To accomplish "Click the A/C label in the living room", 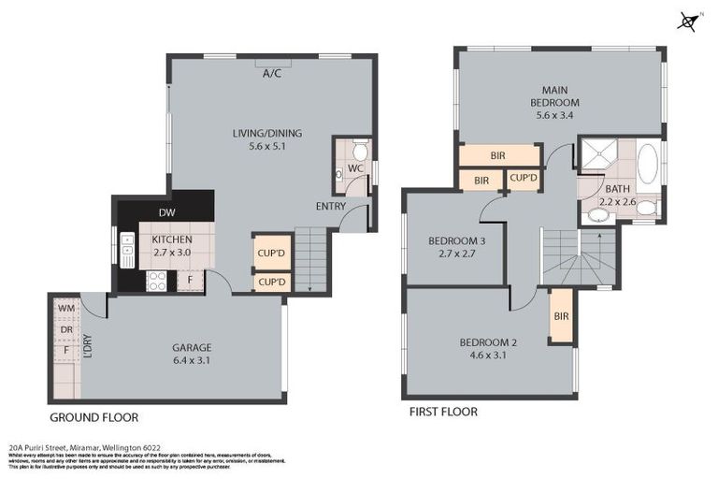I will coord(272,73).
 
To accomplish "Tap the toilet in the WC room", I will coord(359,152).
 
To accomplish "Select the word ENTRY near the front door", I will coord(330,206).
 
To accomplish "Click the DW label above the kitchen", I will coord(165,211).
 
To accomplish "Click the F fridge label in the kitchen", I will coord(190,278).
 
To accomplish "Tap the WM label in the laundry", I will coord(65,307).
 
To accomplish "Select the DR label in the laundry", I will coord(65,330).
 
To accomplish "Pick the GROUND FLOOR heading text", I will coord(93,416).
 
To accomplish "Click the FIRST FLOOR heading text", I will coord(443,412).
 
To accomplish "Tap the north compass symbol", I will coord(689,21).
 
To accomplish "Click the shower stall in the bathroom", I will coord(596,155).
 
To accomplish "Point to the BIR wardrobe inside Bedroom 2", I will coord(561,316).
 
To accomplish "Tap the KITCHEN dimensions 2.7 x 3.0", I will coord(171,252).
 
